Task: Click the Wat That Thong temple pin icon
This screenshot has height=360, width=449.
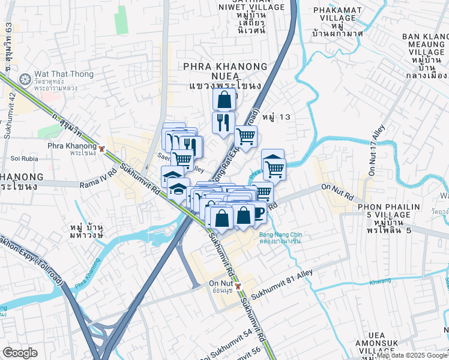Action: [25, 79]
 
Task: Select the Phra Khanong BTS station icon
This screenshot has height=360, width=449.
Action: [102, 148]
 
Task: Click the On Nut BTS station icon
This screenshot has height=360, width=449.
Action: [238, 286]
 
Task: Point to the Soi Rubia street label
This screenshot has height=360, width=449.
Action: [24, 159]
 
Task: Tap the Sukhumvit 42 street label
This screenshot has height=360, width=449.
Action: [8, 119]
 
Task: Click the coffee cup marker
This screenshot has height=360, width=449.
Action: [258, 212]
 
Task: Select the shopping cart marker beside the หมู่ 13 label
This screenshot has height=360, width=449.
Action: [246, 136]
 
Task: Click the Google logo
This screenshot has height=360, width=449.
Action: [20, 353]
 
